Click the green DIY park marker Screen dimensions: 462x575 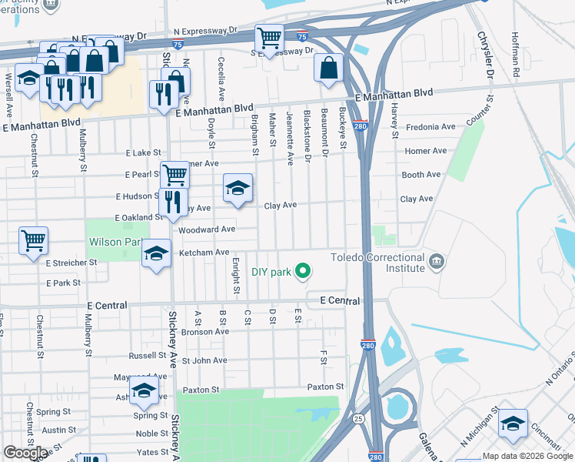click(x=303, y=271)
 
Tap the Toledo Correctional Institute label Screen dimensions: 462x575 click(x=377, y=263)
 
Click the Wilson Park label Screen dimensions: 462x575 click(x=115, y=242)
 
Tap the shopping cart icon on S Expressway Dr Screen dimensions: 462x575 click(x=269, y=37)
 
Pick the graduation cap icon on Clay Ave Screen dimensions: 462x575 click(x=238, y=188)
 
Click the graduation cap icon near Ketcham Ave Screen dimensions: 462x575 click(x=155, y=254)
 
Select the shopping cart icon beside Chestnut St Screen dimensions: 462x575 click(x=34, y=240)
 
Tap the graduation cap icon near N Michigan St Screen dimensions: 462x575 click(x=513, y=423)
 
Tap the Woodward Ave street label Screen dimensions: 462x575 click(x=206, y=229)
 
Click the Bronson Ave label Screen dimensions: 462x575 click(x=205, y=332)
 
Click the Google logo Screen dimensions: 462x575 click(x=25, y=453)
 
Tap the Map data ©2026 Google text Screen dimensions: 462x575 click(x=527, y=456)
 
